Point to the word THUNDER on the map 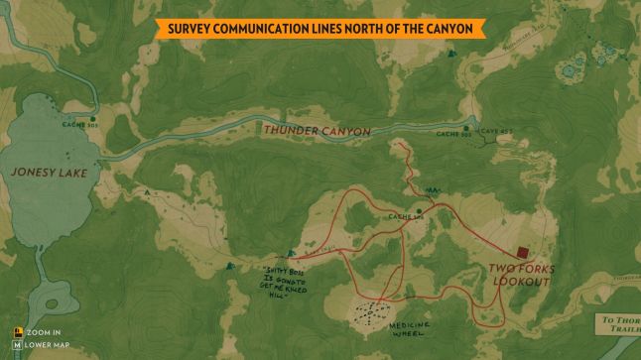click(293, 131)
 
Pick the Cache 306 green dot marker click(420, 210)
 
